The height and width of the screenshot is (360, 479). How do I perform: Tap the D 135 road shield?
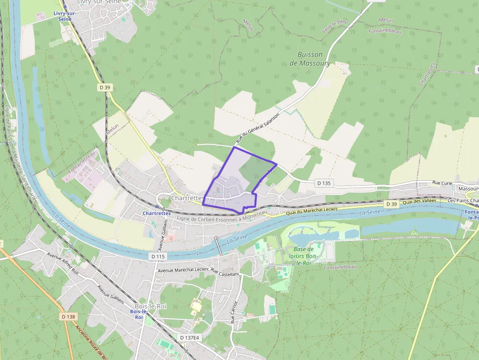tap(324, 183)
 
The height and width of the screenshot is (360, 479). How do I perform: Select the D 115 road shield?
tap(158, 256)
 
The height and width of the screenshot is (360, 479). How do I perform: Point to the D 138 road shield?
tap(69, 317)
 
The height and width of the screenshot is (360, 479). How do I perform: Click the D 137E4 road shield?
tap(189, 338)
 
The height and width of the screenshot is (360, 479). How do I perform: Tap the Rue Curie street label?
tap(443, 183)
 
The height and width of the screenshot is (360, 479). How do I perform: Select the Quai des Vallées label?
tap(422, 201)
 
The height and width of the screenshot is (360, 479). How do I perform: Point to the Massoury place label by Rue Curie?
tap(468, 188)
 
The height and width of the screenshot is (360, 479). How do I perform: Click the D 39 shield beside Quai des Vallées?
tap(391, 204)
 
